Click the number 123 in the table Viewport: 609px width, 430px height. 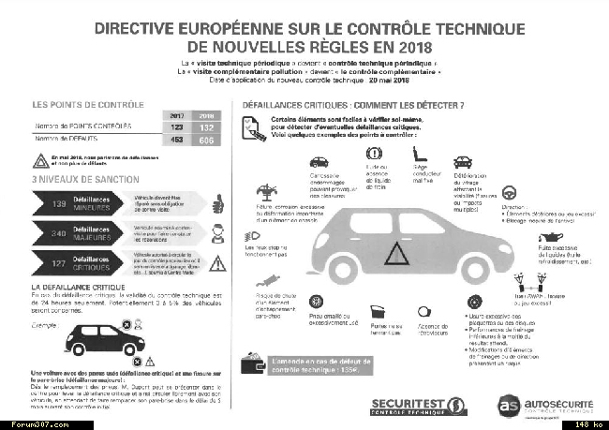click(x=174, y=125)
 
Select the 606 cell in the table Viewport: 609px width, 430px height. click(x=206, y=139)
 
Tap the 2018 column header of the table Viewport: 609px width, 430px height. click(x=206, y=115)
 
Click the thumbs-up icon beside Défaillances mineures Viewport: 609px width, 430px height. click(x=215, y=202)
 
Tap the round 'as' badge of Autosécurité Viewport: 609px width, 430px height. click(x=510, y=404)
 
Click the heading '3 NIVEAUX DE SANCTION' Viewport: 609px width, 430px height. click(x=85, y=179)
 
